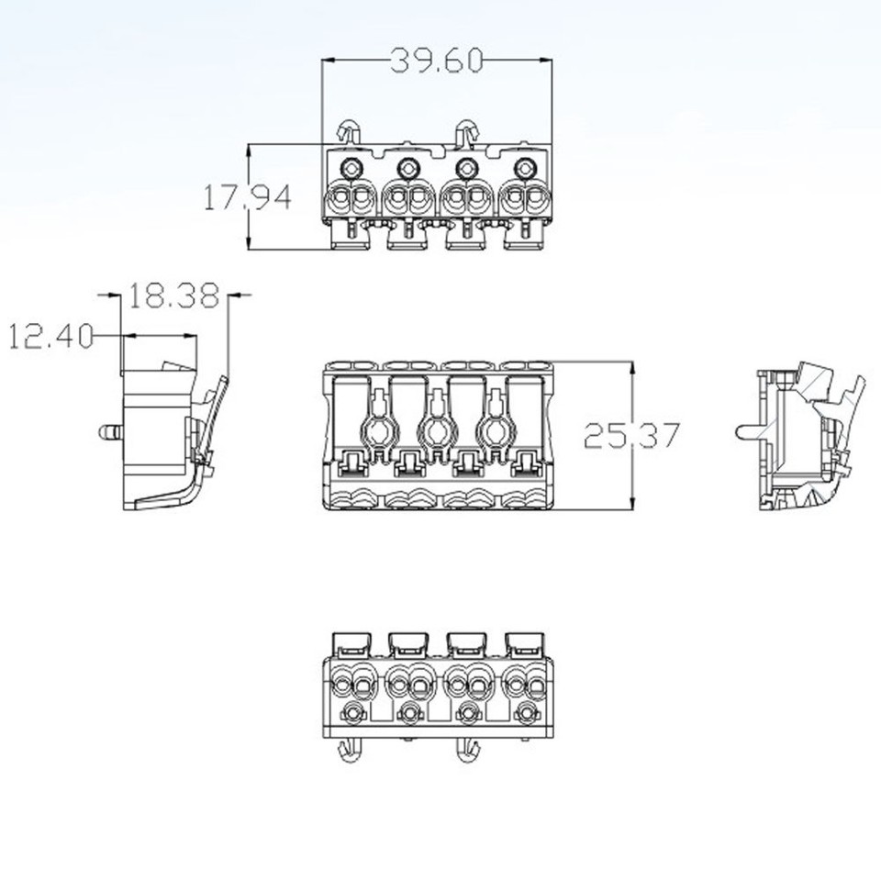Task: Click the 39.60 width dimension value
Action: click(437, 61)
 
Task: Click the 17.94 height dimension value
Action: click(247, 197)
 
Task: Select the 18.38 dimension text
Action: click(173, 296)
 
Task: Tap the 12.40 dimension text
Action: click(51, 337)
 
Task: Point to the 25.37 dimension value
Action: click(632, 435)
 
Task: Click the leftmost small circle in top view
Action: click(350, 168)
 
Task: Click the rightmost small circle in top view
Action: click(525, 168)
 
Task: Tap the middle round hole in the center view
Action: click(437, 428)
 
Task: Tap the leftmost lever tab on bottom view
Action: click(350, 641)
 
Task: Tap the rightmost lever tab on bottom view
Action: click(525, 641)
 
